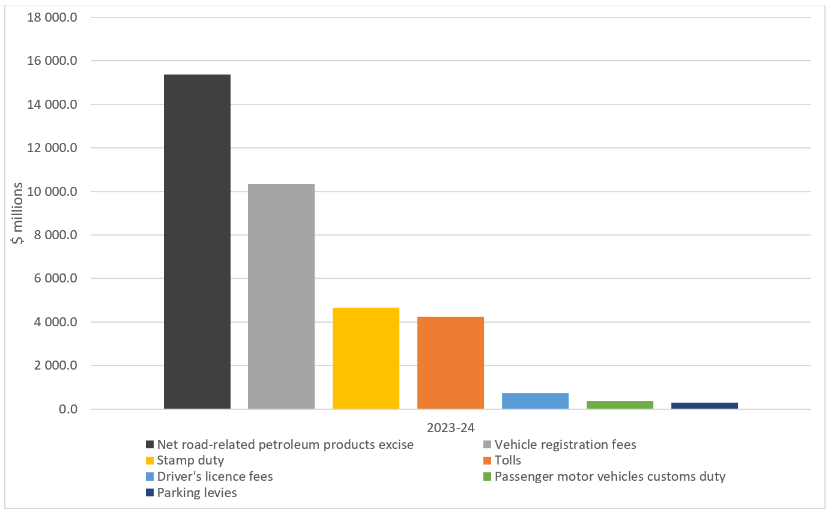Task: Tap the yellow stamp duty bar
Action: tap(366, 358)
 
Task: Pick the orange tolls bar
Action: tap(450, 362)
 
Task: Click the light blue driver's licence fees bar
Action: tap(535, 401)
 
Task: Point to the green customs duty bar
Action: tap(620, 404)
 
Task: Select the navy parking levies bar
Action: tap(704, 406)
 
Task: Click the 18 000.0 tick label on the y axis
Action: tap(52, 17)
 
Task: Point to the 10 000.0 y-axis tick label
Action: tap(52, 192)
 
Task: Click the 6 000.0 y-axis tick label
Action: tap(55, 279)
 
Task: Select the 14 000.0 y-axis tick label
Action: tap(52, 105)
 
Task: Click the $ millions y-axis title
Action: tap(19, 213)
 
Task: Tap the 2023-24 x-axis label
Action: tap(450, 428)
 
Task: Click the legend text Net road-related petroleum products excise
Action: tap(285, 445)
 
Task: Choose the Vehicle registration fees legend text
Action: tap(565, 445)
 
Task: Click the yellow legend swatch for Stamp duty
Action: tap(150, 461)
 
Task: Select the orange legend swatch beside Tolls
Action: tap(487, 461)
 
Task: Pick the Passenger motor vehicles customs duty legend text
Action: tap(610, 477)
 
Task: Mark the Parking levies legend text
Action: tap(197, 493)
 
